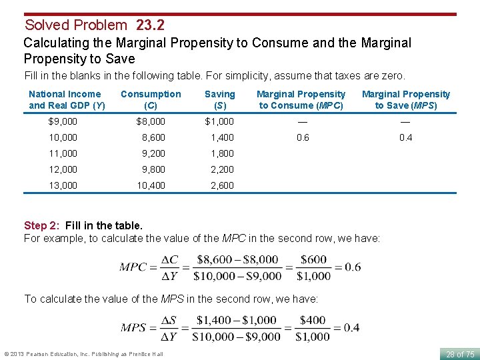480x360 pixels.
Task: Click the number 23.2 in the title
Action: (150, 25)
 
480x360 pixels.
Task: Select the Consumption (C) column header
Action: (151, 99)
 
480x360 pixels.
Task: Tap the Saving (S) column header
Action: (219, 99)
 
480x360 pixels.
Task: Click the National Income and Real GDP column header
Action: (65, 99)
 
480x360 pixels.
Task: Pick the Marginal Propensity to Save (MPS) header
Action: (406, 99)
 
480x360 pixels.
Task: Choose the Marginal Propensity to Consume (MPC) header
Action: (301, 99)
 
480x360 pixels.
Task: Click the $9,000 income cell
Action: (63, 121)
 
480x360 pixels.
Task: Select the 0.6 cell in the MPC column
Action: (303, 137)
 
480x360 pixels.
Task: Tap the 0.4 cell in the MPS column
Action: (406, 137)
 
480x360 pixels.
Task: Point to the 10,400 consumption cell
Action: (151, 185)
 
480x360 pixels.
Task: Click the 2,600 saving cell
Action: (222, 185)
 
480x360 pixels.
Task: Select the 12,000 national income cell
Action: (63, 169)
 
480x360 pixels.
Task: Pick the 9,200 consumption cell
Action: (153, 153)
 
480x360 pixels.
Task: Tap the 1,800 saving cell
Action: (222, 153)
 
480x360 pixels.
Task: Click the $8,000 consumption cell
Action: (151, 121)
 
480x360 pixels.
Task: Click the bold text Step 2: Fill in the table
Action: (83, 226)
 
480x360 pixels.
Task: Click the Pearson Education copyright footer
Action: (83, 354)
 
